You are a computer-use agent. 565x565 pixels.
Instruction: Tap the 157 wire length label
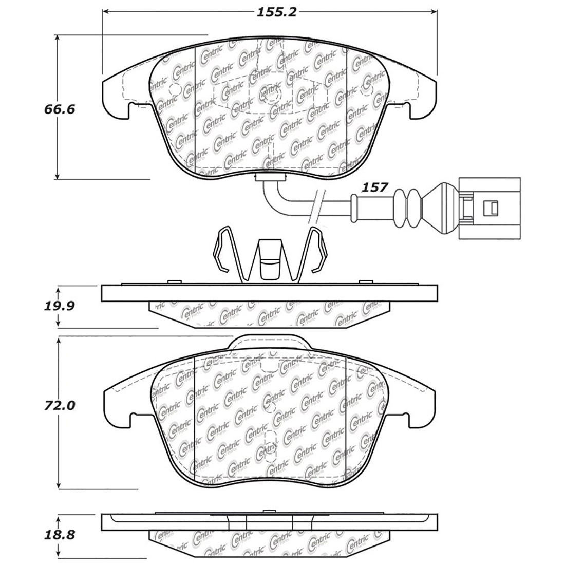point(374,187)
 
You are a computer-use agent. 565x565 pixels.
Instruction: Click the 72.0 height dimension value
point(61,405)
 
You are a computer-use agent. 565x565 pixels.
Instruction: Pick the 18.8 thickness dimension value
point(61,535)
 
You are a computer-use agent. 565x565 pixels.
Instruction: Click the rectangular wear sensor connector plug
point(489,208)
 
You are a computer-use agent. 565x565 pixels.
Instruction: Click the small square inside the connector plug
point(491,208)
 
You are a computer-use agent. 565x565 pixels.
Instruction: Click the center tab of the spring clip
point(269,259)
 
